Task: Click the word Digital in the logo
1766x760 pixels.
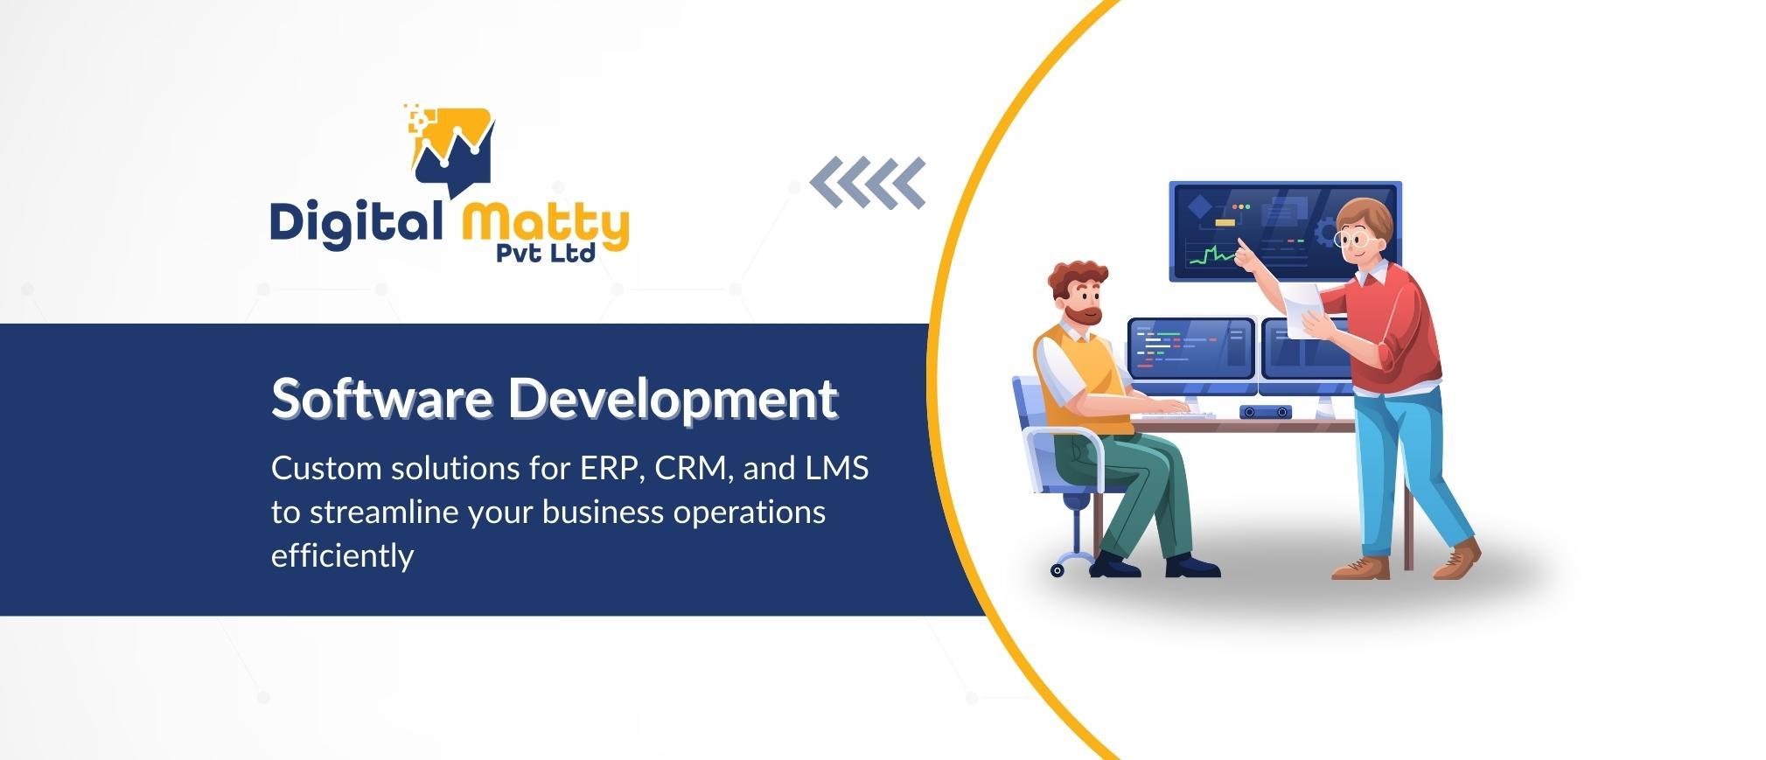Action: click(x=356, y=223)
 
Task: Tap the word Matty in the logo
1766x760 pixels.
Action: click(x=545, y=225)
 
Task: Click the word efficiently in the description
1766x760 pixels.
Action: click(x=342, y=555)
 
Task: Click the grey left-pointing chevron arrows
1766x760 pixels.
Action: click(x=868, y=183)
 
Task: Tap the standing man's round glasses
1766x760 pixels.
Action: click(x=1354, y=238)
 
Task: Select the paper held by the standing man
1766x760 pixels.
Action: click(x=1303, y=309)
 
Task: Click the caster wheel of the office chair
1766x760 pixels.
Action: click(x=1057, y=570)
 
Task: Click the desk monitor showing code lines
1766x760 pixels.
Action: click(x=1191, y=349)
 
